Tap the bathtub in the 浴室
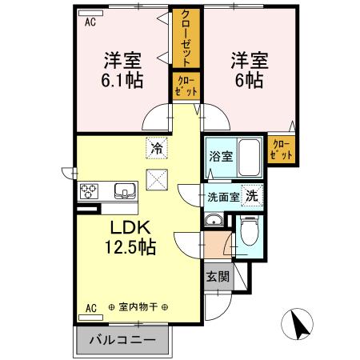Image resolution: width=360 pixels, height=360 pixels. click(250, 158)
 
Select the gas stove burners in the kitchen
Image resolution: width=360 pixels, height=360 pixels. click(89, 191)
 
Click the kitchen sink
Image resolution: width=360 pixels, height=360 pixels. click(125, 190)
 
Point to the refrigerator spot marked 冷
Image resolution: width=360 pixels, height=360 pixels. click(157, 148)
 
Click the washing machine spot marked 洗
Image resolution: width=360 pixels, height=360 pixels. click(252, 196)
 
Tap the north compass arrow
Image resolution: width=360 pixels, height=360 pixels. click(301, 324)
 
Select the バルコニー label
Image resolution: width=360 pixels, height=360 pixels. click(122, 340)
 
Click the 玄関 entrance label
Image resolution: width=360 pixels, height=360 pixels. click(218, 276)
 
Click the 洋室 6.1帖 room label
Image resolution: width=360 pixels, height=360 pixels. click(122, 70)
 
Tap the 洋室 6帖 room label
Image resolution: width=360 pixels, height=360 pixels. click(250, 70)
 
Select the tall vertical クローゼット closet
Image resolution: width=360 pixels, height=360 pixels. click(186, 38)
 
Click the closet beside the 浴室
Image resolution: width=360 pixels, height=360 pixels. click(282, 150)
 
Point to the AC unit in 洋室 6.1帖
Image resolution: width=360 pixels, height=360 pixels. click(90, 14)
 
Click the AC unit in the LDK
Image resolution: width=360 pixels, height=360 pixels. click(90, 318)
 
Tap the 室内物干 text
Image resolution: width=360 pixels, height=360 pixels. click(138, 307)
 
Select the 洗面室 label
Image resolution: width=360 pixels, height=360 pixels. click(223, 197)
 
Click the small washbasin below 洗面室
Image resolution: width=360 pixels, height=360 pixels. click(214, 220)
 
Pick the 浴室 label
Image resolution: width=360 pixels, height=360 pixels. click(221, 157)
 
